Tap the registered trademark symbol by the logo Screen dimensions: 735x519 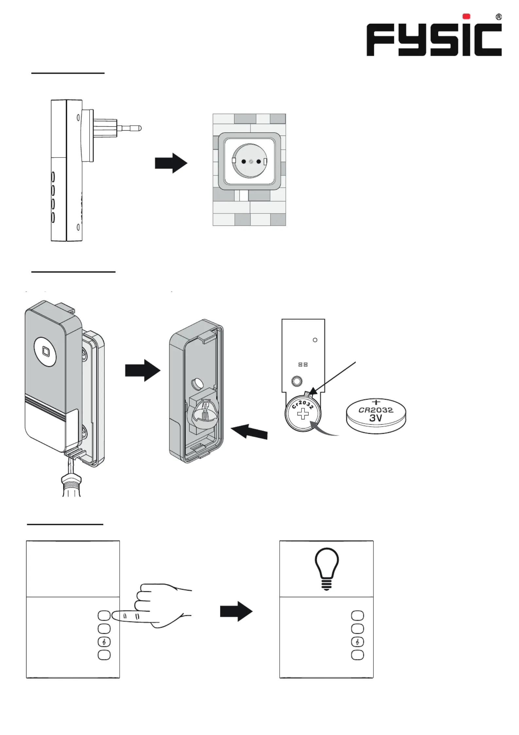coord(498,17)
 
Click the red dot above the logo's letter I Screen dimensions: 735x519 coord(466,16)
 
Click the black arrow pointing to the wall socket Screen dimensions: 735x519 coord(171,163)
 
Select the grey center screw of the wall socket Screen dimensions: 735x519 coord(251,161)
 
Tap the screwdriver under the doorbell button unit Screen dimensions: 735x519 coord(71,481)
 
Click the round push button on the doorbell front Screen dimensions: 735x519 coord(45,352)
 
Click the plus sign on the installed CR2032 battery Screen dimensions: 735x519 coord(303,414)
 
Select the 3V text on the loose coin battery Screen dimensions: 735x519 coord(375,418)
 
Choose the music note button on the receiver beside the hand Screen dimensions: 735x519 coord(104,642)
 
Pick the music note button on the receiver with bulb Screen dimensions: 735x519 coord(357,642)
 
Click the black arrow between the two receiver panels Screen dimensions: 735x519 coord(236,611)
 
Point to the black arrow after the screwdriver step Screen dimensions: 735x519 coord(143,371)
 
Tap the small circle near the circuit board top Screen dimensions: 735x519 coord(315,340)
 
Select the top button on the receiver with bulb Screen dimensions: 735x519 coord(357,616)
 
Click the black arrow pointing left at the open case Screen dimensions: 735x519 coord(249,432)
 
